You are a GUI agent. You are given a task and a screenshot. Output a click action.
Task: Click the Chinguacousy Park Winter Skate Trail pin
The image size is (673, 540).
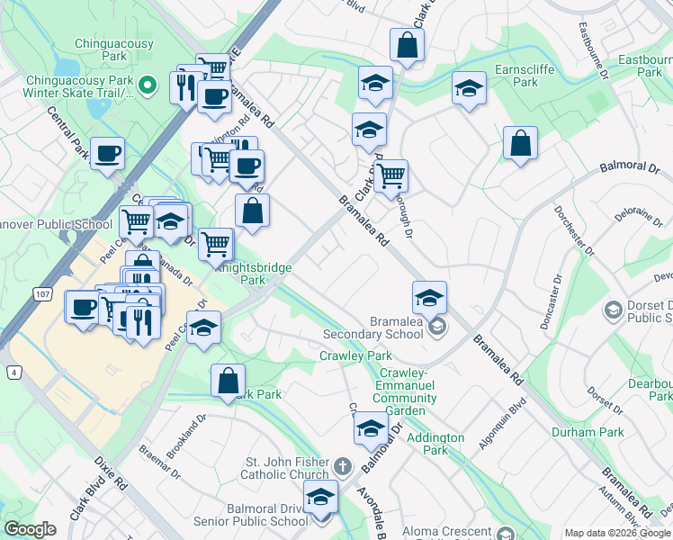click(149, 85)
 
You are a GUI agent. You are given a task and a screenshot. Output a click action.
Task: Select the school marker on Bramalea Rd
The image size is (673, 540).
click(430, 297)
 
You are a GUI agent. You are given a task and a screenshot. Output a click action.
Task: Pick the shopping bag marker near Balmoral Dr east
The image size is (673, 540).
click(520, 143)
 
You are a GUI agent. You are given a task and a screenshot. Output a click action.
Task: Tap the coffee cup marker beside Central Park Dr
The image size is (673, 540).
click(107, 154)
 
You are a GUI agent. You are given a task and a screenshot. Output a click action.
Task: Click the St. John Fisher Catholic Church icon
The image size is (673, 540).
click(341, 467)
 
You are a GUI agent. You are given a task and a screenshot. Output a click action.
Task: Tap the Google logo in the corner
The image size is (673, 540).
click(30, 529)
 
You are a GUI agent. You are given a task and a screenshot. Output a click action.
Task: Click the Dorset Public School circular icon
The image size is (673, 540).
click(613, 310)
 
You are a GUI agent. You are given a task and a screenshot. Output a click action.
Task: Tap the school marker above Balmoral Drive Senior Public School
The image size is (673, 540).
click(320, 496)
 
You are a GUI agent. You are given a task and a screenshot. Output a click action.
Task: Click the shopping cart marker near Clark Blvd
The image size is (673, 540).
click(390, 176)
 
